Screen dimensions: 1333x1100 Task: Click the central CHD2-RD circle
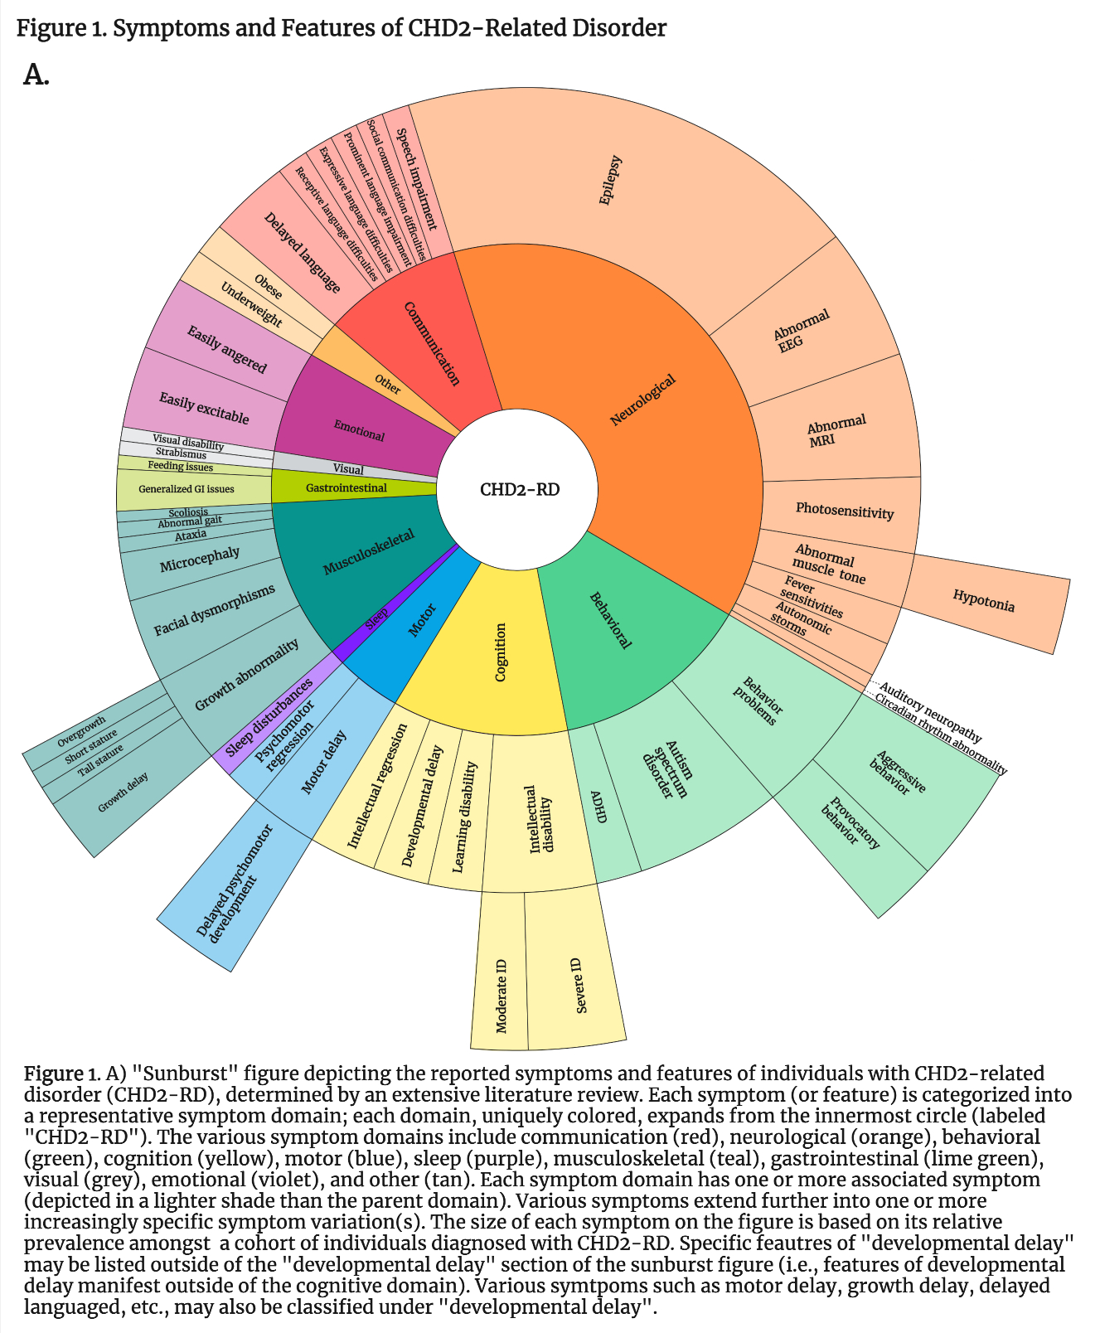click(x=520, y=489)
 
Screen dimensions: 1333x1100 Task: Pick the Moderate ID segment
click(x=501, y=995)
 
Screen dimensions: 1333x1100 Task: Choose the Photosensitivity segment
click(x=844, y=511)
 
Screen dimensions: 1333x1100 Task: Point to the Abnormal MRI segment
click(x=837, y=429)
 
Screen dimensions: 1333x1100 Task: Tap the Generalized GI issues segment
click(x=187, y=489)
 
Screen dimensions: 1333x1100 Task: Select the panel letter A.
click(x=36, y=75)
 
